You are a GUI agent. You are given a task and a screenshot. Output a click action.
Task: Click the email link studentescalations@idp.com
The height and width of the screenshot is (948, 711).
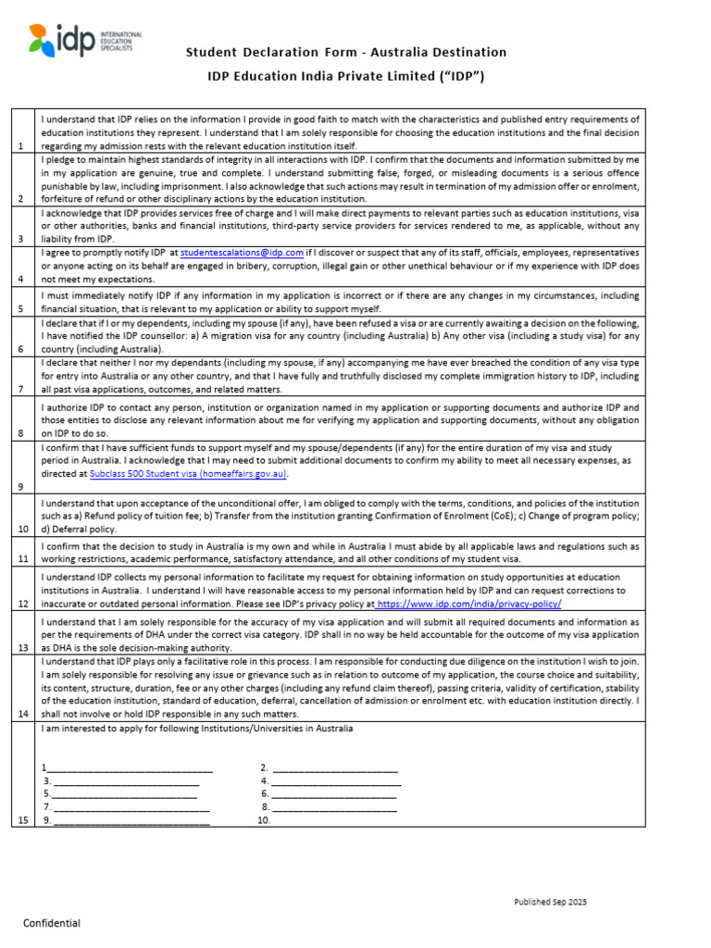coord(243,253)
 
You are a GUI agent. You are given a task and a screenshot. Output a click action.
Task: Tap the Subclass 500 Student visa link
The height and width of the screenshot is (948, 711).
coord(189,473)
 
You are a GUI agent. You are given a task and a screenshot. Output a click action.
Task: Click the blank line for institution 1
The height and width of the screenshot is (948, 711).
coord(130,768)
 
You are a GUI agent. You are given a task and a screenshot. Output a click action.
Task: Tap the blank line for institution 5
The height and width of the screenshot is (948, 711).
coord(124,794)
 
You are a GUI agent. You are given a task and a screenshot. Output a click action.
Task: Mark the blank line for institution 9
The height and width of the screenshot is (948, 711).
coord(131,820)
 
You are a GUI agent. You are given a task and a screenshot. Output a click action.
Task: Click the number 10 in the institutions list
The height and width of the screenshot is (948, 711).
coord(264,820)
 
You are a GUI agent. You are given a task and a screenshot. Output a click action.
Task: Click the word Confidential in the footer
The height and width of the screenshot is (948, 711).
coord(52,923)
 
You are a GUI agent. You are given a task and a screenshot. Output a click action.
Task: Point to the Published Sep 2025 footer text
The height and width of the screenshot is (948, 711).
coord(551,902)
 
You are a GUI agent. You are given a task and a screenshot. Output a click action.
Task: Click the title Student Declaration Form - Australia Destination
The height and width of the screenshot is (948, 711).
coord(346,52)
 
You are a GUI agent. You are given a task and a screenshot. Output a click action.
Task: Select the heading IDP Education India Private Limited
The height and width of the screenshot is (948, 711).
coord(346,76)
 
